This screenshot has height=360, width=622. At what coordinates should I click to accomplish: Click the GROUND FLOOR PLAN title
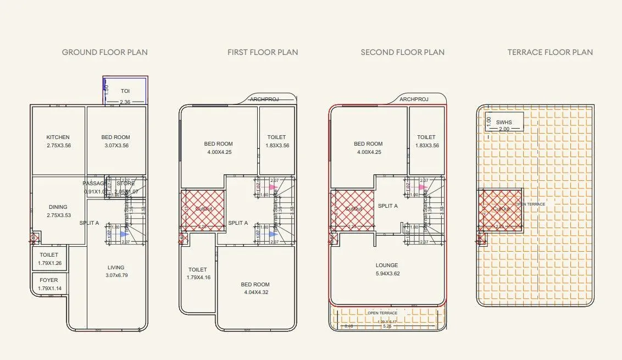click(104, 52)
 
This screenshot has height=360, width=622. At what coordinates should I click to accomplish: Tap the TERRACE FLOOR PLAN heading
click(550, 52)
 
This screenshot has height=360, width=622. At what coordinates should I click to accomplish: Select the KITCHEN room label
click(58, 137)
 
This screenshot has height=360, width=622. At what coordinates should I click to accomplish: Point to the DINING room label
click(58, 207)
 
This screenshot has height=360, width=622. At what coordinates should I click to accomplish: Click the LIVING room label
click(116, 268)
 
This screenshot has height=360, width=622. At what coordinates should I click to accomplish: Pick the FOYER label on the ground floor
click(49, 280)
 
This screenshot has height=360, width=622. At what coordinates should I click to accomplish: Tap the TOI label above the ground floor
click(125, 90)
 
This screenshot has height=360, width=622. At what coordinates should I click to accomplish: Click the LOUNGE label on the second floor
click(387, 265)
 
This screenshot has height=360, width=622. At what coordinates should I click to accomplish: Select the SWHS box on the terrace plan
click(503, 122)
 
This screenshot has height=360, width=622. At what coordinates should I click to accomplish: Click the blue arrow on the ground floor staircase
click(124, 234)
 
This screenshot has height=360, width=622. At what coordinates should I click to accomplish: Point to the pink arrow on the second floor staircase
click(421, 187)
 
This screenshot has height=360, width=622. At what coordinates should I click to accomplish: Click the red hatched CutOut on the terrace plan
click(499, 209)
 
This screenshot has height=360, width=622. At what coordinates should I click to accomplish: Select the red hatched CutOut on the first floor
click(203, 209)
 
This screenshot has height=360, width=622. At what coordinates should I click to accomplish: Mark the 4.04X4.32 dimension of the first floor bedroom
click(255, 292)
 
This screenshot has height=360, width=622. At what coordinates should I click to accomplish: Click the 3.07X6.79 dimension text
click(116, 275)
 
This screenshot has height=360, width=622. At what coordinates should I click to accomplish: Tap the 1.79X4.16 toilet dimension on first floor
click(198, 278)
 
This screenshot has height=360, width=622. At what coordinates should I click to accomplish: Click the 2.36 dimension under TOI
click(125, 102)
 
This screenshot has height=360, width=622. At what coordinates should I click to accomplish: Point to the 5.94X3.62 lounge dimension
click(387, 274)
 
